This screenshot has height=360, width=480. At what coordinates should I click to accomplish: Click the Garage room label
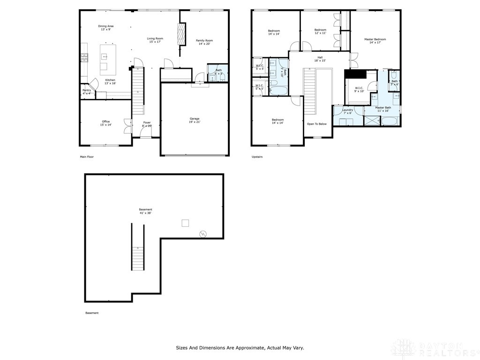195,120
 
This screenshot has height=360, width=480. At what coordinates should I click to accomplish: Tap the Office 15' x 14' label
106,123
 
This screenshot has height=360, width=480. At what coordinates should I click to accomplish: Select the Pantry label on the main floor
87,91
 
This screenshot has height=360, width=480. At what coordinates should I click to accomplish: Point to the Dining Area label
105,28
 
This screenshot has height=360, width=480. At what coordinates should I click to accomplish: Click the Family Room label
204,42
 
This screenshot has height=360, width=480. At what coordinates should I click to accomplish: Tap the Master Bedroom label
375,41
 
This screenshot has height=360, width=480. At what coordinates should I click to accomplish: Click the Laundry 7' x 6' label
347,112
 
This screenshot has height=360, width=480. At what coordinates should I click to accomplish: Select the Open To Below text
316,124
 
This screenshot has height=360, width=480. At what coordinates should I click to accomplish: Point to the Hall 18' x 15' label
320,59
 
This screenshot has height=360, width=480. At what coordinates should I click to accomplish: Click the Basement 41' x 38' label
145,211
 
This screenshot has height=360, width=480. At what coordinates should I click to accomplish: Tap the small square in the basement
186,223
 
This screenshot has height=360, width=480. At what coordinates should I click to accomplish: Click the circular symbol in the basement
203,233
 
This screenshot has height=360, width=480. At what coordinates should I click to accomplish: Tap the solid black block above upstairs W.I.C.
355,75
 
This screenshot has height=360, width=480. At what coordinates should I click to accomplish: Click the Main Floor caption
87,157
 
